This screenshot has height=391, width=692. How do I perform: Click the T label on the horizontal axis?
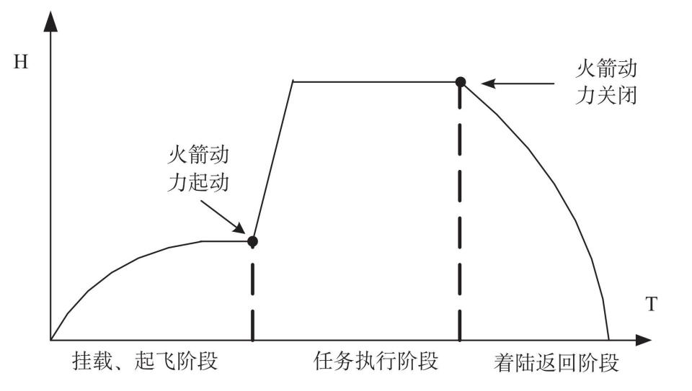651,305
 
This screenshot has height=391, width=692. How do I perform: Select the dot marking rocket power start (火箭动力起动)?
252,241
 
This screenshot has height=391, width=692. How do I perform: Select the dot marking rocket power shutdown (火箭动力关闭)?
461,81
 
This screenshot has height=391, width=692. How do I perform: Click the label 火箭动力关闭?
606,83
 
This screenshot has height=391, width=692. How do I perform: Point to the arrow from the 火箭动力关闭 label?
512,83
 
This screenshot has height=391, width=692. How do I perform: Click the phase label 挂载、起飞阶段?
144,361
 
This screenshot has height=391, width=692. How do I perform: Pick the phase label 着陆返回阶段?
556,362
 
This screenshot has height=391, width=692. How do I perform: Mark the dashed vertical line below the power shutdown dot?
460,216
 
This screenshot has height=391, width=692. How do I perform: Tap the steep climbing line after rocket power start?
272,160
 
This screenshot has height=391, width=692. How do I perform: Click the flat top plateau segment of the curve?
375,81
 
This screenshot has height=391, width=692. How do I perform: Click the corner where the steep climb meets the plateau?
293,81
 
